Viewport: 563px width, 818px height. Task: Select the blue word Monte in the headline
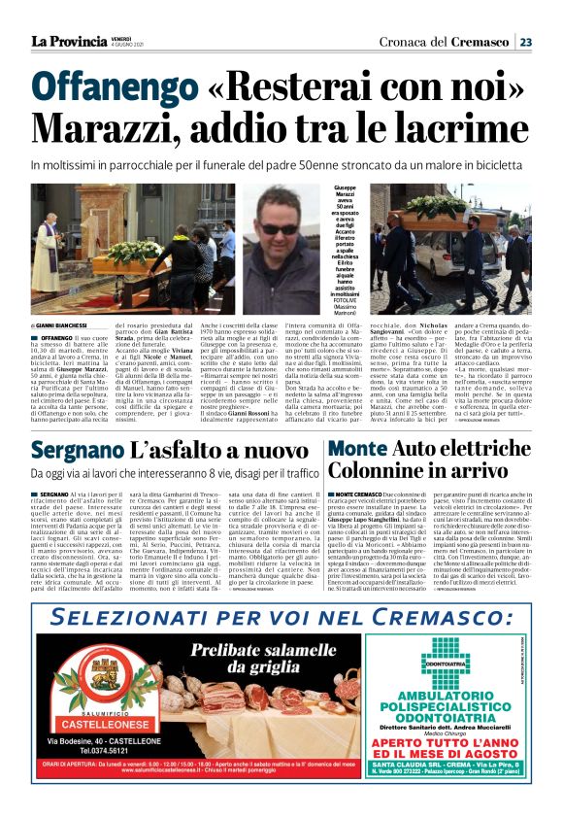point(361,451)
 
